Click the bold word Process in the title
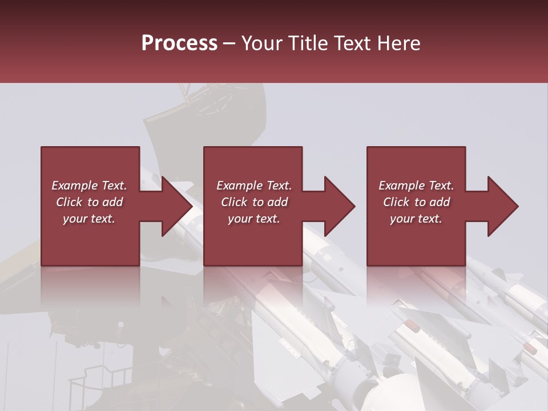pyautogui.click(x=179, y=43)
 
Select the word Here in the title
pyautogui.click(x=400, y=43)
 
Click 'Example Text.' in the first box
pyautogui.click(x=89, y=186)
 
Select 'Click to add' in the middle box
pyautogui.click(x=254, y=202)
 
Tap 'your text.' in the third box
pyautogui.click(x=416, y=219)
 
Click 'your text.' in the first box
pyautogui.click(x=89, y=219)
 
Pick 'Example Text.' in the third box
pyautogui.click(x=416, y=186)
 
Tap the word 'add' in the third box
pyautogui.click(x=440, y=202)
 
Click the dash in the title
pyautogui.click(x=229, y=43)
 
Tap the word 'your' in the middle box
pyautogui.click(x=240, y=219)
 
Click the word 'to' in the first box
pyautogui.click(x=93, y=202)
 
